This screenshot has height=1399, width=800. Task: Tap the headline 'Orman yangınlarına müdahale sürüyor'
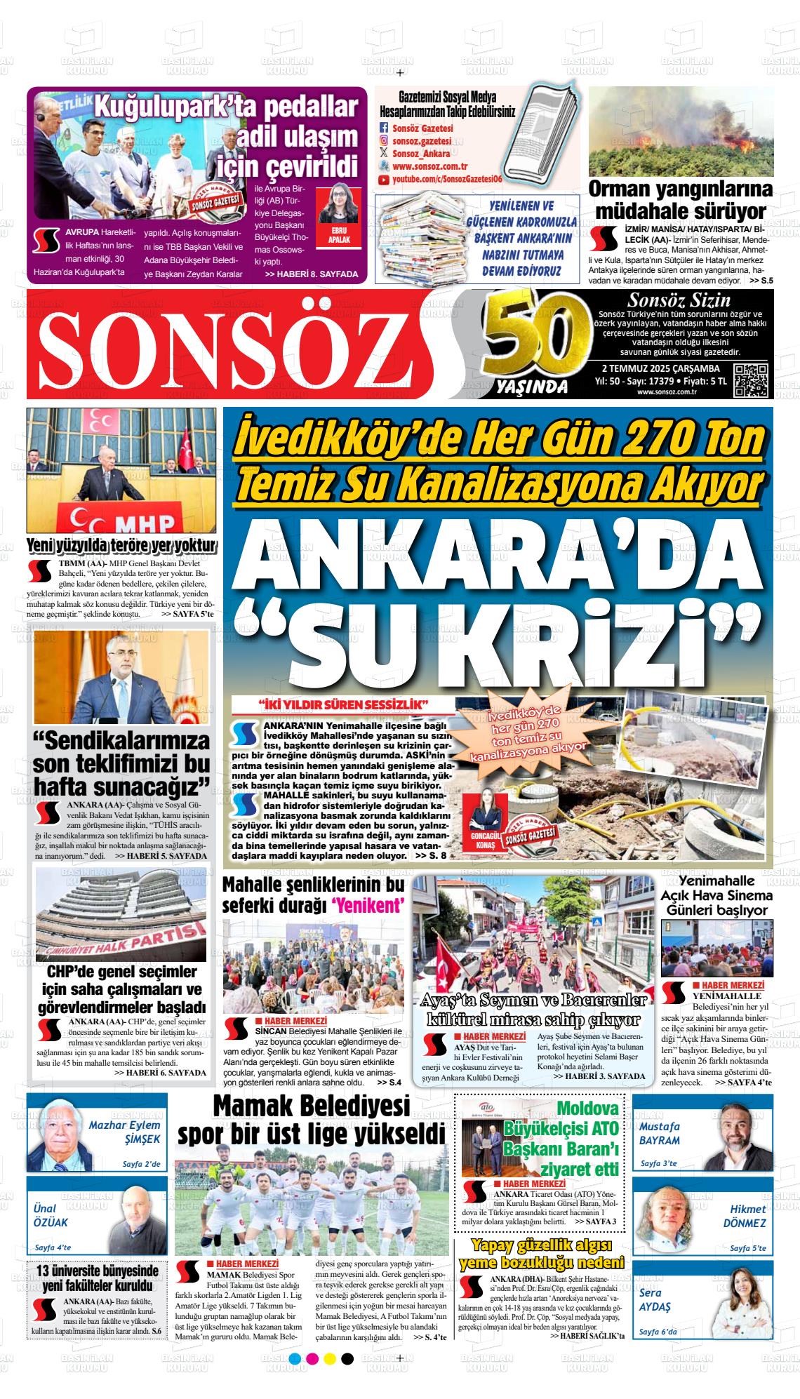pos(681,200)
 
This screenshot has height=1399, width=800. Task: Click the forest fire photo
pos(681,131)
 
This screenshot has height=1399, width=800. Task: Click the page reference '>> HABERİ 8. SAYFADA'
pos(312,274)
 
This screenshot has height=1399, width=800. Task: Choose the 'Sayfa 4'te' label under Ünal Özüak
pos(53,1248)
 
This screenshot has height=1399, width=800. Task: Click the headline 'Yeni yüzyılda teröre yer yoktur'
pos(121,547)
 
